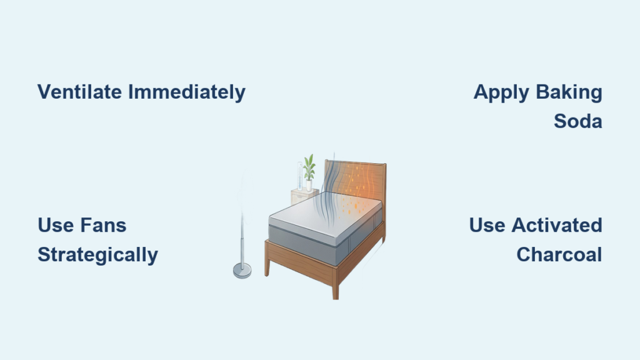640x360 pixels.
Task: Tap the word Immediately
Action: (187, 92)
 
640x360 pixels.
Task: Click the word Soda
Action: (578, 121)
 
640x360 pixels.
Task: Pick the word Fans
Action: (103, 225)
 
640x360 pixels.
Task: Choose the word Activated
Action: (557, 225)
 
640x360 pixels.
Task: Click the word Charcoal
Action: (559, 254)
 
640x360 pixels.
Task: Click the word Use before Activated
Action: (487, 225)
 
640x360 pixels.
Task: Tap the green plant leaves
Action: (309, 167)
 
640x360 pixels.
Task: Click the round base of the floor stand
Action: (242, 271)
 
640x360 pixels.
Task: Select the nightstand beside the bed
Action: (303, 197)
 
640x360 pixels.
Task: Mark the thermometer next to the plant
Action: (300, 176)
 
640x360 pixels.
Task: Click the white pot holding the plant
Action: (309, 186)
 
